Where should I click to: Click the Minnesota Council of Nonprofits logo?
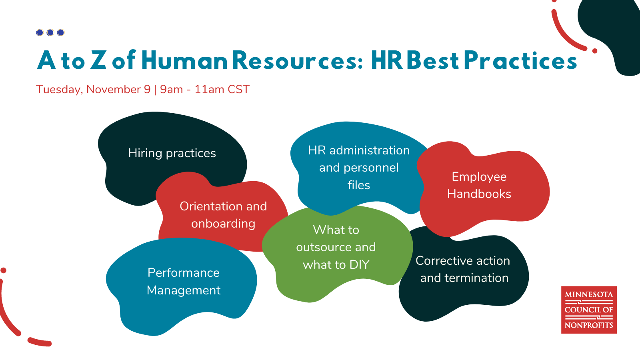click(x=589, y=310)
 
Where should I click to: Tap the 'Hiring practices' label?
click(x=172, y=153)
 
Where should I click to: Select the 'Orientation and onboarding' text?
click(x=223, y=215)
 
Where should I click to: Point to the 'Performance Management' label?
click(x=184, y=281)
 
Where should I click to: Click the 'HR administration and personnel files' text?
click(x=359, y=168)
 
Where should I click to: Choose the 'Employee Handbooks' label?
click(x=479, y=185)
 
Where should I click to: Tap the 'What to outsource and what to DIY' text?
click(x=336, y=247)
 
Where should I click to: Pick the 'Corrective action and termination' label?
click(x=463, y=269)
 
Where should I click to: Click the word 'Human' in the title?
click(x=184, y=61)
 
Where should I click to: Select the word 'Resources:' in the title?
click(x=298, y=61)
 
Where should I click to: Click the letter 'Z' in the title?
click(x=98, y=61)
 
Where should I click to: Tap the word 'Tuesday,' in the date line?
click(x=59, y=90)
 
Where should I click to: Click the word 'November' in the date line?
click(x=114, y=89)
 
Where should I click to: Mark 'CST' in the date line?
click(x=238, y=89)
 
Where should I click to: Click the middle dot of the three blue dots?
click(x=50, y=32)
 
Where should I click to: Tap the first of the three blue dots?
click(x=40, y=32)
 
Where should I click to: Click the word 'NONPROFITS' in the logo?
click(x=589, y=325)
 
